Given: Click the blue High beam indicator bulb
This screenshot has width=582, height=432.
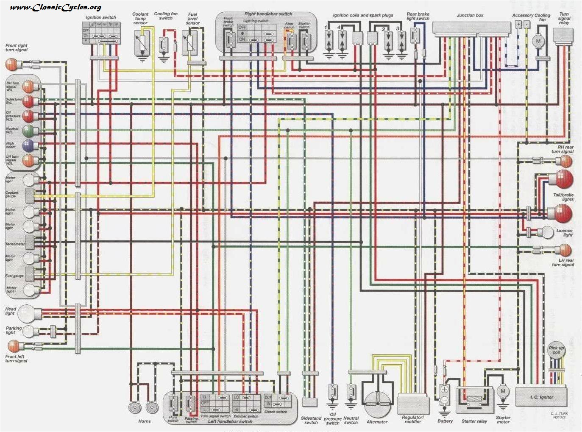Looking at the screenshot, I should tap(28, 146).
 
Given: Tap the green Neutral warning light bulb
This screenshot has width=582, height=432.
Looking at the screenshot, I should tap(28, 131).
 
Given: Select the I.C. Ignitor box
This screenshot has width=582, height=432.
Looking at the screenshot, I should tap(541, 396).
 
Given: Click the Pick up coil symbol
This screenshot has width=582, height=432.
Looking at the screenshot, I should tap(556, 350).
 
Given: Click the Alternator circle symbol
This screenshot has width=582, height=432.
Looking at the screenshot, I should tap(377, 403).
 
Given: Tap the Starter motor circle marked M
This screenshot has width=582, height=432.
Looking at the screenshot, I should tap(503, 391).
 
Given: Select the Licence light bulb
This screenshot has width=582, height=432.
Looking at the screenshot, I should tap(548, 232).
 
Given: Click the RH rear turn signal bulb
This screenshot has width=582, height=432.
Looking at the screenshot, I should tap(565, 161).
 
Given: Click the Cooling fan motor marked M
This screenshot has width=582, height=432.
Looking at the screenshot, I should tap(538, 41).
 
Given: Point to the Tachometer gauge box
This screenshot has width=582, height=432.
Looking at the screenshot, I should tap(30, 242).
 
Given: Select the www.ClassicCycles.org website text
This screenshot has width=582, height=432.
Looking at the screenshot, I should tap(55, 7).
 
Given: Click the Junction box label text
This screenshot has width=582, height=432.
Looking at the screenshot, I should tap(470, 15).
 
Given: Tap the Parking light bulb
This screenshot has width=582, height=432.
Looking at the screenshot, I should tap(29, 331).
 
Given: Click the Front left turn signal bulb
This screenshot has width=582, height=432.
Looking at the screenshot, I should tap(14, 346).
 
